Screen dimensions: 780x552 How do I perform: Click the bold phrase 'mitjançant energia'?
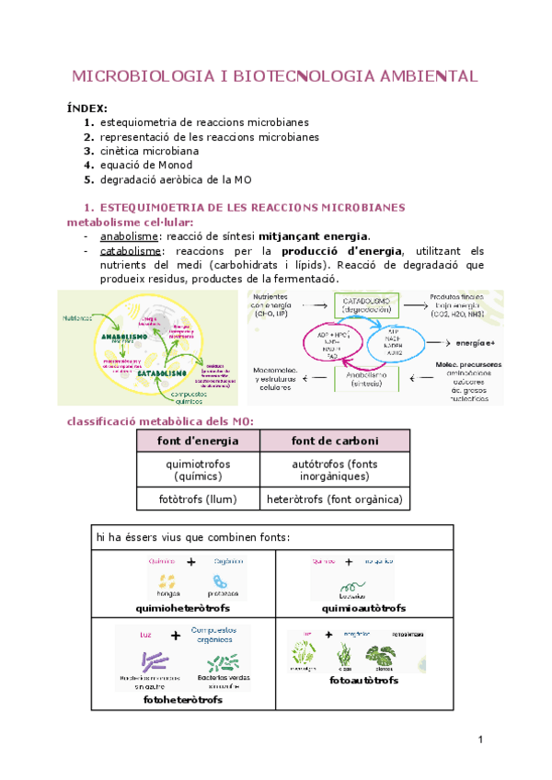[314, 235]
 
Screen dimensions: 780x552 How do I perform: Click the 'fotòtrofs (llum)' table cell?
[198, 499]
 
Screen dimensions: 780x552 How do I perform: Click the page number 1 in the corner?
[480, 741]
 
